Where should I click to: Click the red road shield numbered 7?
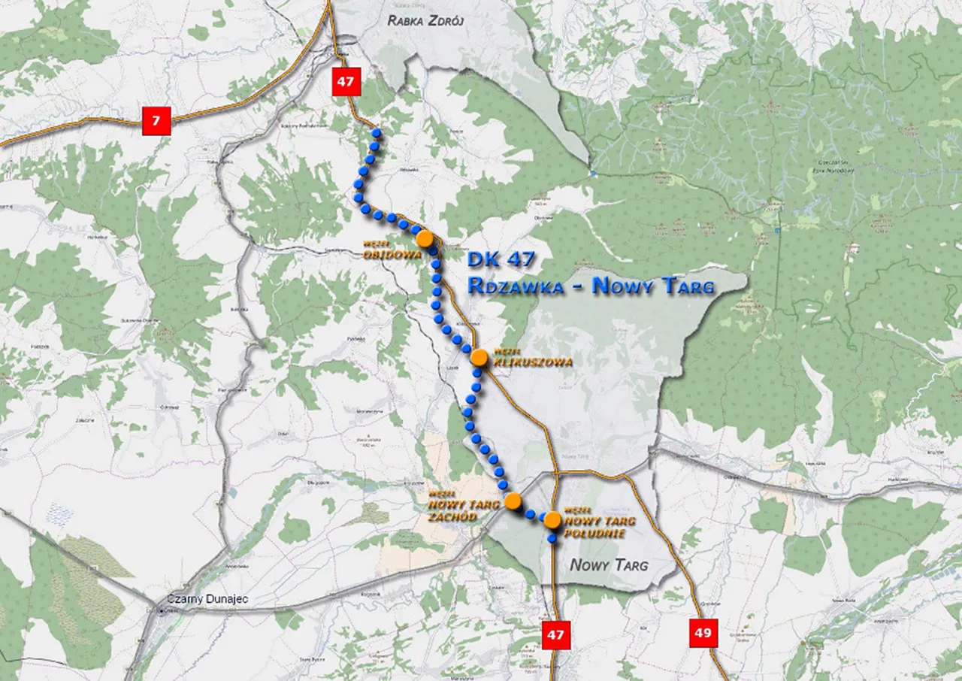pos(157,120)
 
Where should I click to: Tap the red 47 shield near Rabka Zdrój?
pos(346,81)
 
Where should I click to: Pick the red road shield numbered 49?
pos(703,633)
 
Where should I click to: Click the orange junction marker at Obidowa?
pos(425,239)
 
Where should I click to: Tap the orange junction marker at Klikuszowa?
pos(479,357)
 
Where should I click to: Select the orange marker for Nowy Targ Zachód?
pos(513,501)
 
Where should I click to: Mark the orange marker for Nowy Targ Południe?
pos(552,519)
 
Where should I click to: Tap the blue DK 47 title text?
pos(501,260)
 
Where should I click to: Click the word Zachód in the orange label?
pos(452,516)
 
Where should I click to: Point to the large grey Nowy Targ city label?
pos(609,565)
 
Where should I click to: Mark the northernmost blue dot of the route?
pos(377,132)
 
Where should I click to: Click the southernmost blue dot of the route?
pos(552,538)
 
